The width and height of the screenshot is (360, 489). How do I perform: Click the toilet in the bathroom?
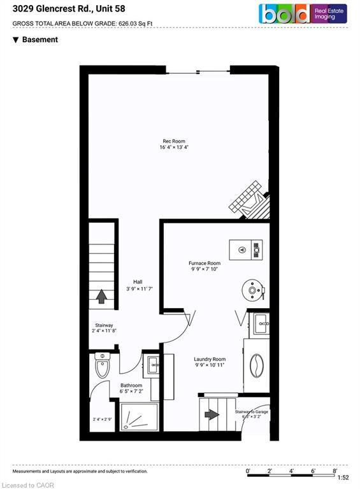(102, 365)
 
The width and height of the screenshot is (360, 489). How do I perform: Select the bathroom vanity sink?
(153, 365)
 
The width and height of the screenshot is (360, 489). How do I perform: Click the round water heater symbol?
(253, 290)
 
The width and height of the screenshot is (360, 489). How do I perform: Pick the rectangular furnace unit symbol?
(245, 249)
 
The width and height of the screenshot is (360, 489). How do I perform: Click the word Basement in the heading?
(40, 39)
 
